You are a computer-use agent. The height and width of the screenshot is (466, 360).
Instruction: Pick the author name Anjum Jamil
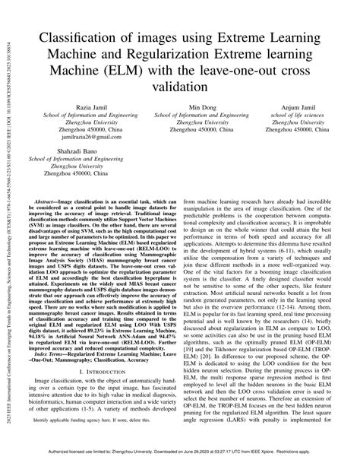(298, 108)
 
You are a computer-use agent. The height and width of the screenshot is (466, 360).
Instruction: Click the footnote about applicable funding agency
(88, 441)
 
